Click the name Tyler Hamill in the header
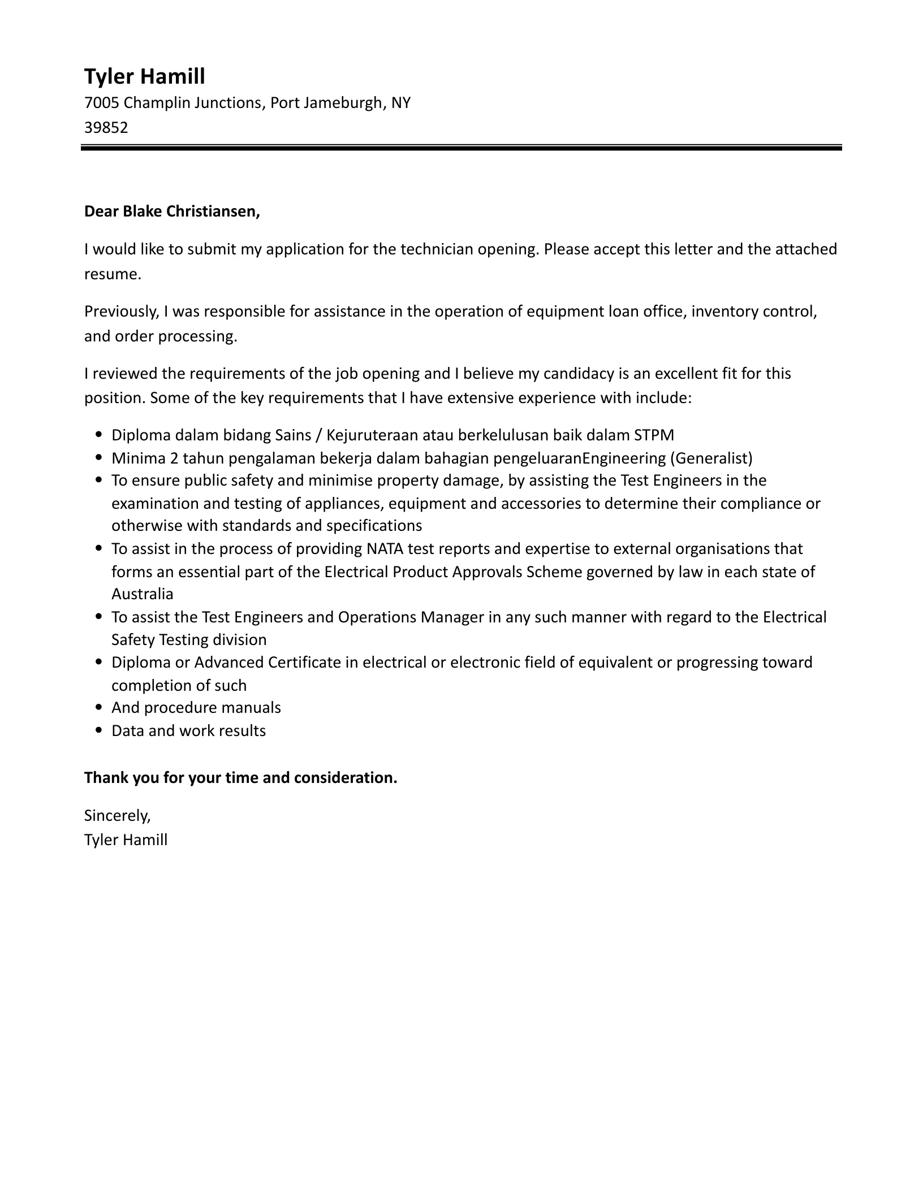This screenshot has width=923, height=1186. click(x=144, y=76)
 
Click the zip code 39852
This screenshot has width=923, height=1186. click(x=106, y=127)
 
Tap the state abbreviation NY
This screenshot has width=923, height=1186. click(x=400, y=103)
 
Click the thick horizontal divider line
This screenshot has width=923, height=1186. click(x=461, y=148)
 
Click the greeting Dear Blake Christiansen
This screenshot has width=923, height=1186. click(x=172, y=211)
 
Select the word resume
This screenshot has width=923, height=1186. click(x=111, y=274)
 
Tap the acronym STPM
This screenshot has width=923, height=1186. click(x=654, y=435)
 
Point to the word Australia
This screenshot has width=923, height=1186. click(x=142, y=594)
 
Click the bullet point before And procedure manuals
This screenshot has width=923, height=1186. click(x=99, y=708)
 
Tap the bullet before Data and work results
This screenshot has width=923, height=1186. click(x=99, y=731)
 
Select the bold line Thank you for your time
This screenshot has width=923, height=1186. click(x=240, y=778)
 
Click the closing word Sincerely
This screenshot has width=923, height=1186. click(x=117, y=815)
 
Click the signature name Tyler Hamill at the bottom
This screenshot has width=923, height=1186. click(x=126, y=840)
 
